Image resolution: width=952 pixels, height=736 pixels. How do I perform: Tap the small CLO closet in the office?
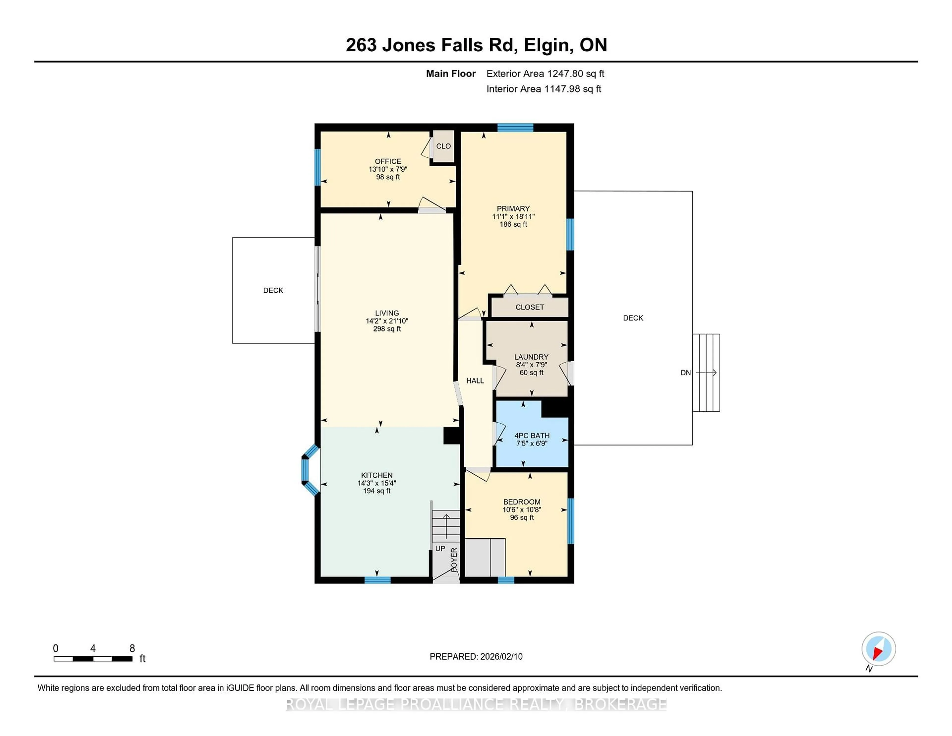click(443, 146)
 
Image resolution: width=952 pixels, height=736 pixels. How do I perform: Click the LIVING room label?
click(387, 313)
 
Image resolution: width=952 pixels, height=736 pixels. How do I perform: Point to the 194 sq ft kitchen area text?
click(377, 491)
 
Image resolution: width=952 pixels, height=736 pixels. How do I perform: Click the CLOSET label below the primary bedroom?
click(530, 307)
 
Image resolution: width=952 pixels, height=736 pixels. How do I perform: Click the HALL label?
click(475, 381)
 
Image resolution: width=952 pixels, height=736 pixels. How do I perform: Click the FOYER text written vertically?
click(454, 559)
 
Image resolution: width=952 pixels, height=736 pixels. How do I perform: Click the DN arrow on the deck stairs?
click(706, 373)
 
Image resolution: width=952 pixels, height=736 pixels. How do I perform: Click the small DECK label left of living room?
click(273, 290)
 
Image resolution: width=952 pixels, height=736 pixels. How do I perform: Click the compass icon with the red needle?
click(878, 649)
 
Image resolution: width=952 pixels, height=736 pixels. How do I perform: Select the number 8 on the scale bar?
click(132, 648)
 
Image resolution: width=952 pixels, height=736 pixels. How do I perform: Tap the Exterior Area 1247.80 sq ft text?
click(545, 74)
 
